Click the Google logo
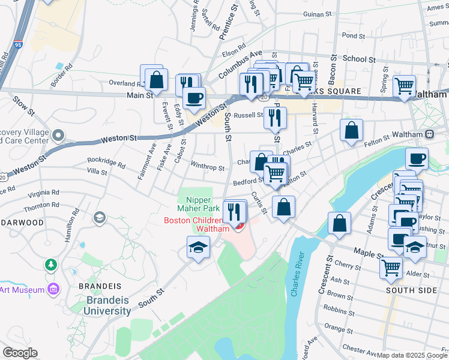pos(20,352)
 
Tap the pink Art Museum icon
pos(53,290)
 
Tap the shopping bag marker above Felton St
pos(351,130)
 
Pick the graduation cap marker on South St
pos(198,248)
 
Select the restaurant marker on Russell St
pos(275,118)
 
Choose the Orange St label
pos(339,329)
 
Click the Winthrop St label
pos(207,168)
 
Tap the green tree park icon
pos(51,265)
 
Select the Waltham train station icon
pos(430,134)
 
